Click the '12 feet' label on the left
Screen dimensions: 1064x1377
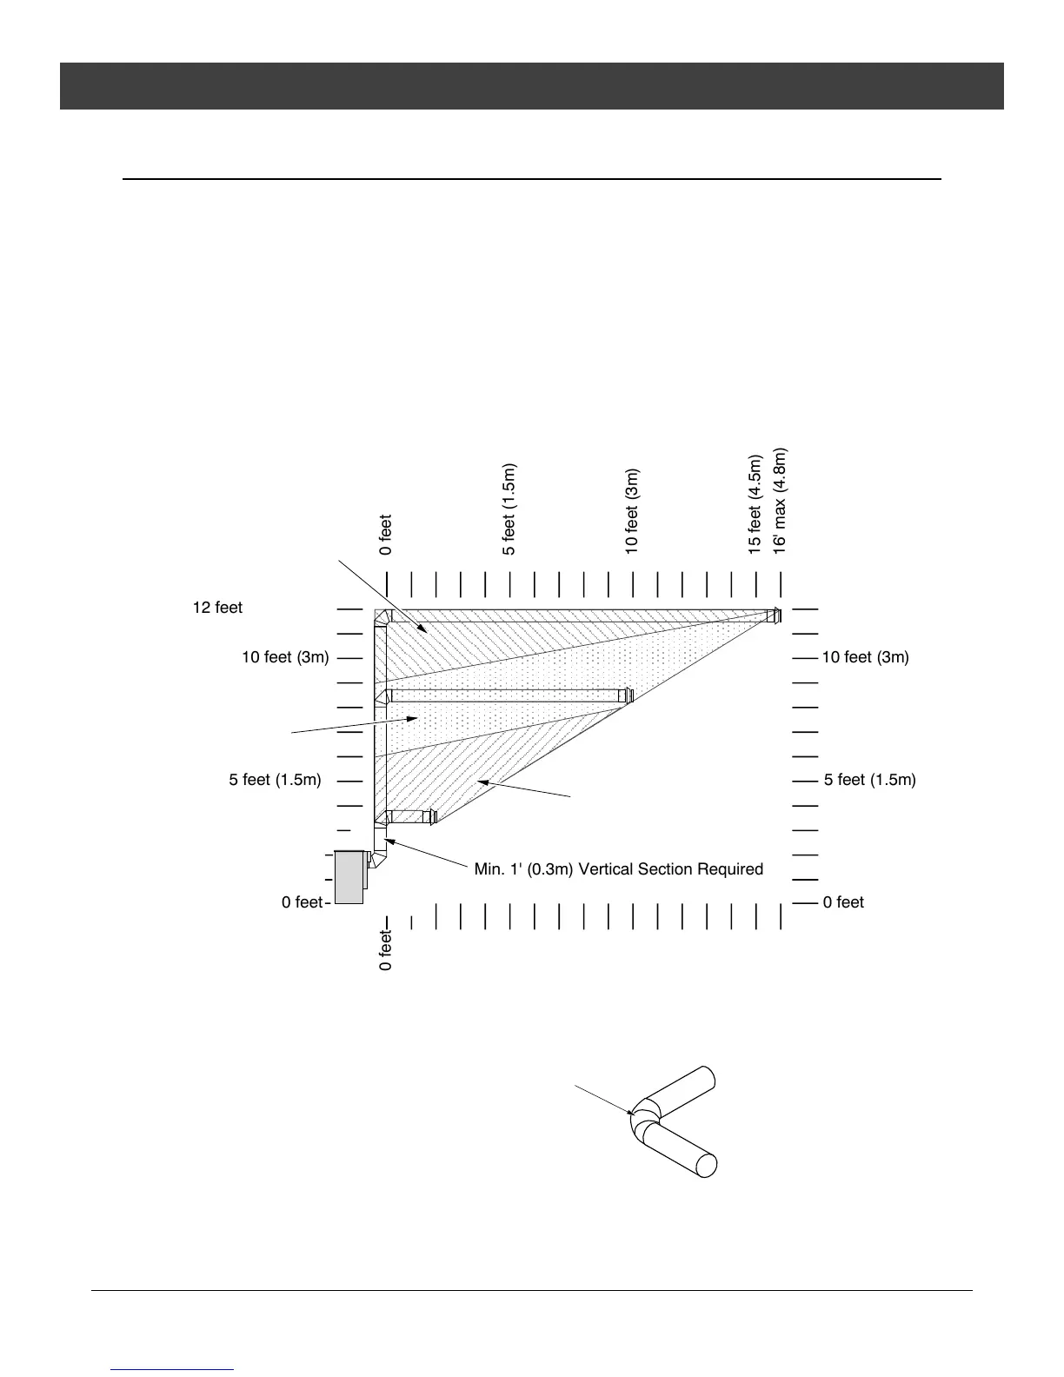(217, 608)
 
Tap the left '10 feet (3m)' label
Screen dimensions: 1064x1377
(285, 657)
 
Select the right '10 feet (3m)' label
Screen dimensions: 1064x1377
(865, 657)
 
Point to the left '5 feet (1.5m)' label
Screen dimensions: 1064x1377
(275, 780)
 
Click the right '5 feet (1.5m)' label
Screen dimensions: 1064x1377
(869, 780)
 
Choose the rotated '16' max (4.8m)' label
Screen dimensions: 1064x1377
(780, 501)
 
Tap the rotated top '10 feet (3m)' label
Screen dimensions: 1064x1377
(632, 510)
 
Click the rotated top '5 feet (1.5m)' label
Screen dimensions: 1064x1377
(509, 509)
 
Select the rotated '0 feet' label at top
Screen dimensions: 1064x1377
(386, 535)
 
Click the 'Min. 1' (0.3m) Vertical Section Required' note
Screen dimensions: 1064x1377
(618, 869)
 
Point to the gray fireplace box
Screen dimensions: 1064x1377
(349, 877)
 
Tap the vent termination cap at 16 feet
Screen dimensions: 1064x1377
(774, 616)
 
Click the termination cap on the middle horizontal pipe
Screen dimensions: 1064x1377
(626, 695)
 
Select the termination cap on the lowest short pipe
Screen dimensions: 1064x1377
(432, 817)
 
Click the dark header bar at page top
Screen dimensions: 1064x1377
(531, 85)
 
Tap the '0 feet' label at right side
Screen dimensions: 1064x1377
(843, 902)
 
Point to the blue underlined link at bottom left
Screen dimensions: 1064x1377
(173, 1369)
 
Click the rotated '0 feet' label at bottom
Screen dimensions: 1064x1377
(386, 950)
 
